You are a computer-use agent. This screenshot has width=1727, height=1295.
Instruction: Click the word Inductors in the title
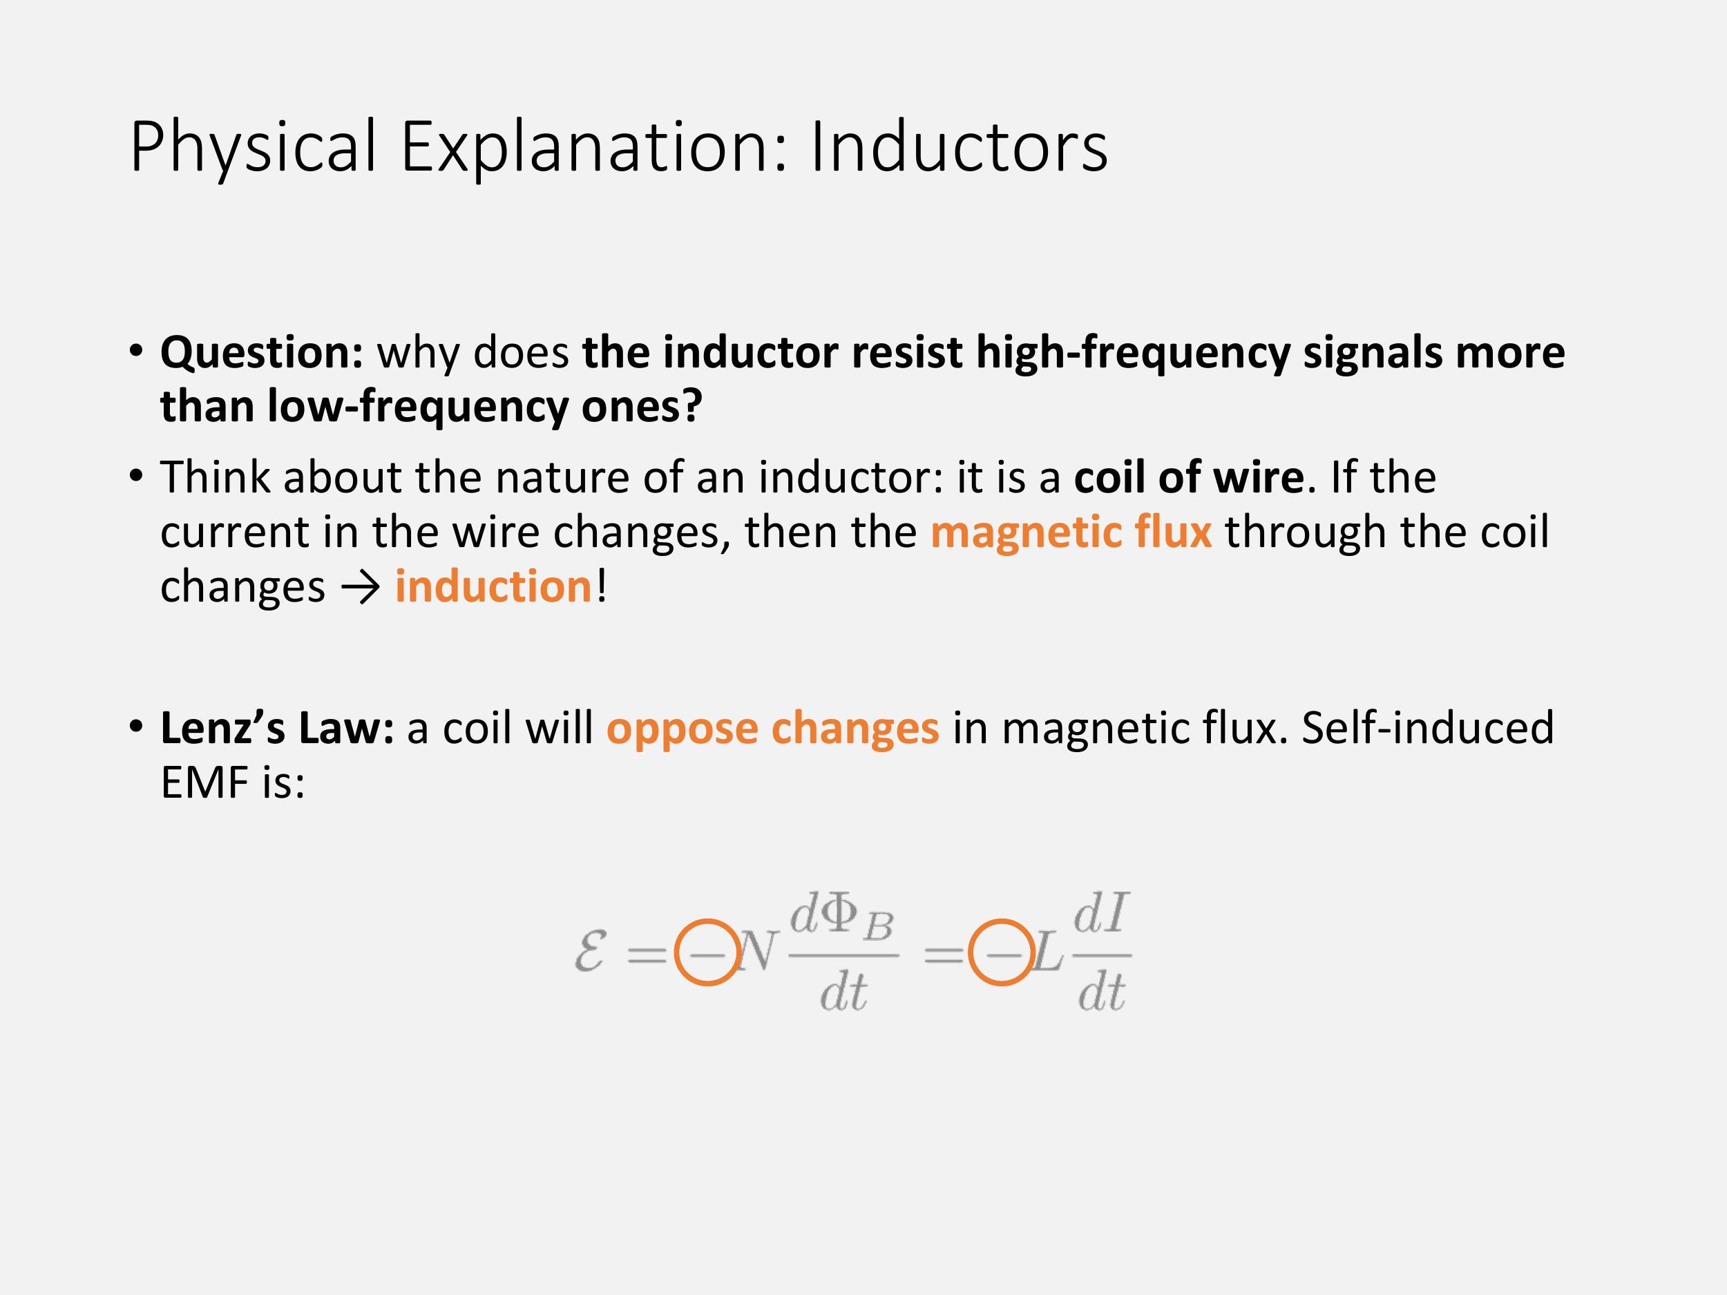click(x=959, y=146)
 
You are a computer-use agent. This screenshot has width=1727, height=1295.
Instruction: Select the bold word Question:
click(x=263, y=354)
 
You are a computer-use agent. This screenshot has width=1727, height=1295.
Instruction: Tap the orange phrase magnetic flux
click(x=1071, y=532)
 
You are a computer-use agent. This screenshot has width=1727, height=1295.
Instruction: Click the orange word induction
click(x=493, y=586)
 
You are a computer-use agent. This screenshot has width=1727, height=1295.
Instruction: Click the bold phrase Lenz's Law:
click(x=277, y=727)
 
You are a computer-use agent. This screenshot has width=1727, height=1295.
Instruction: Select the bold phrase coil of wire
click(x=1189, y=477)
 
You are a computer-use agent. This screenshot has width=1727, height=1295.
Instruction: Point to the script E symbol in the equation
click(x=590, y=953)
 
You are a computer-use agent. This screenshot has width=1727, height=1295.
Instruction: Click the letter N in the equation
click(x=757, y=952)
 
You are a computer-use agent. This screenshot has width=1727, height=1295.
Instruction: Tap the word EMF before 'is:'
click(x=204, y=782)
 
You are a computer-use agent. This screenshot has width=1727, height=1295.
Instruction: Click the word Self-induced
click(x=1428, y=727)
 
